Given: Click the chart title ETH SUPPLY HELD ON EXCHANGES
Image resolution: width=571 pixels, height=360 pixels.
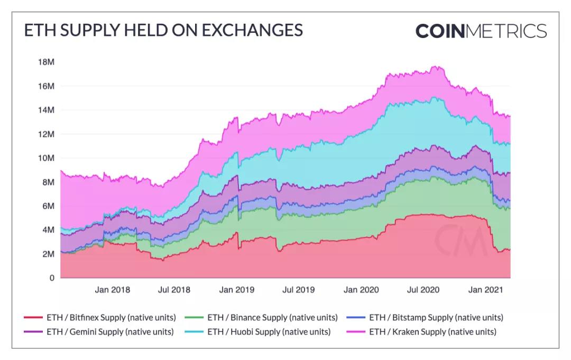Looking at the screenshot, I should [163, 30].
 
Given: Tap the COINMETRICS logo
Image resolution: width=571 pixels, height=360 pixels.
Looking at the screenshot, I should [481, 31].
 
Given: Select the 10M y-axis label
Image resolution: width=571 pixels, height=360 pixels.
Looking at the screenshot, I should [47, 158].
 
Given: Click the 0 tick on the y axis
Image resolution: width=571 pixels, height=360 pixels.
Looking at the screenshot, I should [52, 278].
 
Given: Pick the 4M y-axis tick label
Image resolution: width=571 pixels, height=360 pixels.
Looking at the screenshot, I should [48, 230].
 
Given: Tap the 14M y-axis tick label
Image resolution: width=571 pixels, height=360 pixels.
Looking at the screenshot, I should [47, 110].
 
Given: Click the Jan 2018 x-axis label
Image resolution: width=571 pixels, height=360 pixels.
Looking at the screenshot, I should [112, 290].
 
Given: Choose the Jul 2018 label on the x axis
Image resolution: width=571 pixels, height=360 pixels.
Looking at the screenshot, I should [174, 290].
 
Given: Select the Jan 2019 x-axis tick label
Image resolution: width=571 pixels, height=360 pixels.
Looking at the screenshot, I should [236, 290].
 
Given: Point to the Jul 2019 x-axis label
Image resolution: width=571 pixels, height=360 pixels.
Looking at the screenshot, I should [298, 290].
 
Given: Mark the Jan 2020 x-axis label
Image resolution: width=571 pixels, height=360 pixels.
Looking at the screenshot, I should [361, 290].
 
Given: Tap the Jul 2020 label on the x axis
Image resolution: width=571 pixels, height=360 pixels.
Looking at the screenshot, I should [423, 290].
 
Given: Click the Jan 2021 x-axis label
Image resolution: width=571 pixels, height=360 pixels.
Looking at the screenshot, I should [486, 290].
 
